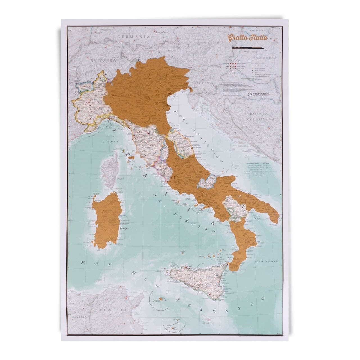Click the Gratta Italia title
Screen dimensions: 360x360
pyautogui.click(x=247, y=38)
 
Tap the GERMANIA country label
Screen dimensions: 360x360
pyautogui.click(x=133, y=37)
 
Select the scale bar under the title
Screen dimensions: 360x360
pyautogui.click(x=248, y=48)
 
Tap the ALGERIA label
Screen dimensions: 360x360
pyautogui.click(x=78, y=316)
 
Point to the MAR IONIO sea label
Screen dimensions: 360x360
pyautogui.click(x=267, y=261)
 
